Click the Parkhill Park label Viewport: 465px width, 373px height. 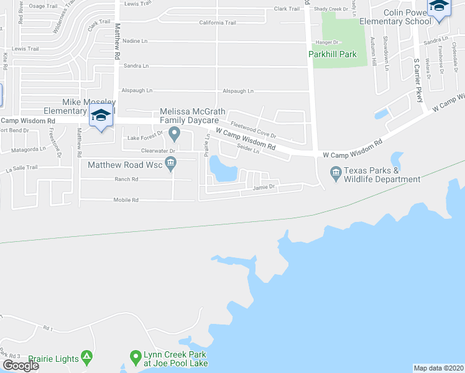(x=333, y=54)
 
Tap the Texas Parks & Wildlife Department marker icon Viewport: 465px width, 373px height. (x=336, y=172)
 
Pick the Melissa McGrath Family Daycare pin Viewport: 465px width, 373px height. (x=175, y=133)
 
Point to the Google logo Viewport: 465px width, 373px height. (x=21, y=366)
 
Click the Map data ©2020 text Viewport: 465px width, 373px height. (x=438, y=368)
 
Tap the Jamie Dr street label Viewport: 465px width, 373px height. (x=264, y=195)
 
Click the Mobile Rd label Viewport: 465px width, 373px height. (x=126, y=200)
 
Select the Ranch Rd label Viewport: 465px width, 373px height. (x=126, y=179)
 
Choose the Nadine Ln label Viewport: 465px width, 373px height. (x=135, y=41)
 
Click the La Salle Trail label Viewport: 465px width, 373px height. (x=22, y=167)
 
